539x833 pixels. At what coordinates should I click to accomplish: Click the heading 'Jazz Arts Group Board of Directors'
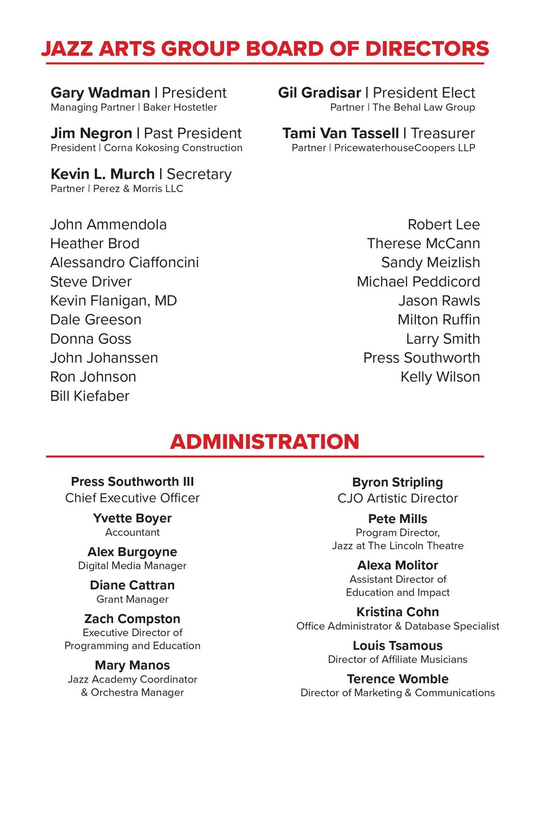265,49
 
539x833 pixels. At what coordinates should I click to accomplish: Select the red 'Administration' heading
265,442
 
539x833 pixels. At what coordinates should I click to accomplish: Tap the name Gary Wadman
100,93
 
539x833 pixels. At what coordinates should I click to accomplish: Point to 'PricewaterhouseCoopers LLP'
404,148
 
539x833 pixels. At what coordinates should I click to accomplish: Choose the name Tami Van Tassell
341,133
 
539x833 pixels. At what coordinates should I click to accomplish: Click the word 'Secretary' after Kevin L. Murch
199,174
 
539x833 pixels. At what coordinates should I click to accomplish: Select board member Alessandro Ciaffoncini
125,263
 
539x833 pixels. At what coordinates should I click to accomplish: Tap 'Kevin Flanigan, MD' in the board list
113,301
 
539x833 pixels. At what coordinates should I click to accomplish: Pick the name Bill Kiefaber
89,396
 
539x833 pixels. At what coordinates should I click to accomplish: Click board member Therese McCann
423,244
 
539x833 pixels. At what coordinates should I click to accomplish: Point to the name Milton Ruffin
438,320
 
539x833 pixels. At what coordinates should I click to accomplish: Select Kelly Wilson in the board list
440,377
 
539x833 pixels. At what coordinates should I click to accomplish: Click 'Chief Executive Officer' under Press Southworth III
132,498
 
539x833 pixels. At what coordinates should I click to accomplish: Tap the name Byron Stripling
398,482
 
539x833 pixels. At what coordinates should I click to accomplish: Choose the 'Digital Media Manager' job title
132,566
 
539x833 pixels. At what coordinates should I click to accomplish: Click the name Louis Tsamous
398,645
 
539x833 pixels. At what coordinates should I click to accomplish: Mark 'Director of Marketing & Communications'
398,693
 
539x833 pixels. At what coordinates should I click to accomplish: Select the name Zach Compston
132,618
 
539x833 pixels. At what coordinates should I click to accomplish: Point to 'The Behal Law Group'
424,107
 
